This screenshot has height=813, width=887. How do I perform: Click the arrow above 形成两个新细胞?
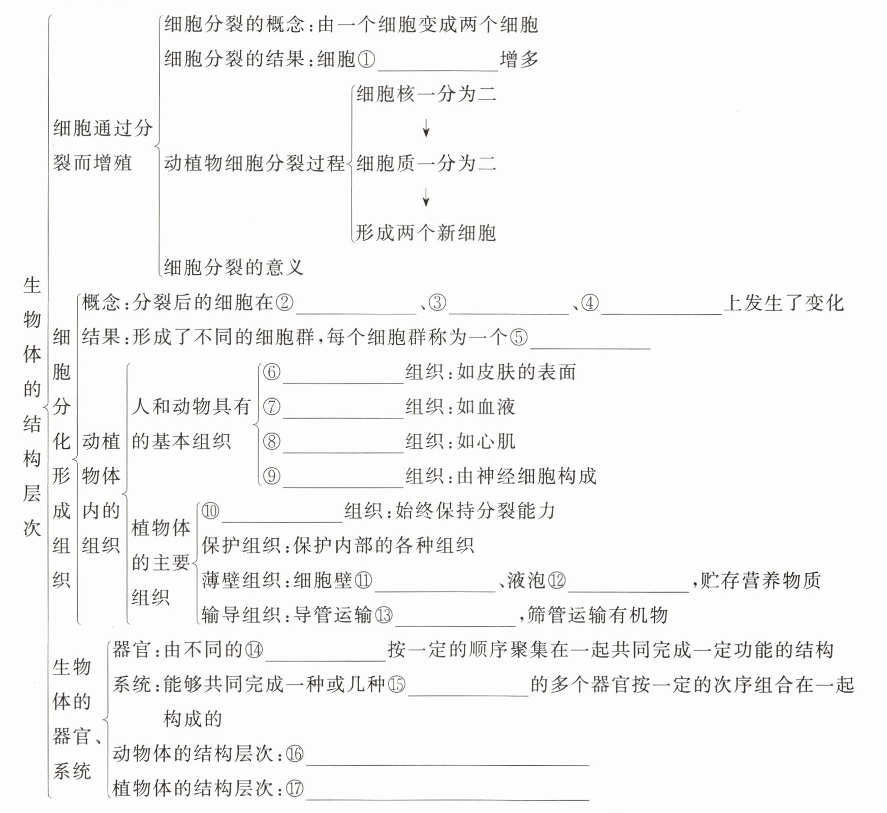point(426,198)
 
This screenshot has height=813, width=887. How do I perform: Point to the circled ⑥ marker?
point(271,372)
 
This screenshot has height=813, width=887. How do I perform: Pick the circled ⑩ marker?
point(210,511)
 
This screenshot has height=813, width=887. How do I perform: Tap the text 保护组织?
point(241,546)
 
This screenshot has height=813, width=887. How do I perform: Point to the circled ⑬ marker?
point(384,615)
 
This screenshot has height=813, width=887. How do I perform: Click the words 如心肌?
point(486,441)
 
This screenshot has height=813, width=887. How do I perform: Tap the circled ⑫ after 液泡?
point(556,580)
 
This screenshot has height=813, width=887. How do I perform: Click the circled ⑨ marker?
point(271,476)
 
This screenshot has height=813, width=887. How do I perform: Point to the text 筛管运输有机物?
point(597,615)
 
